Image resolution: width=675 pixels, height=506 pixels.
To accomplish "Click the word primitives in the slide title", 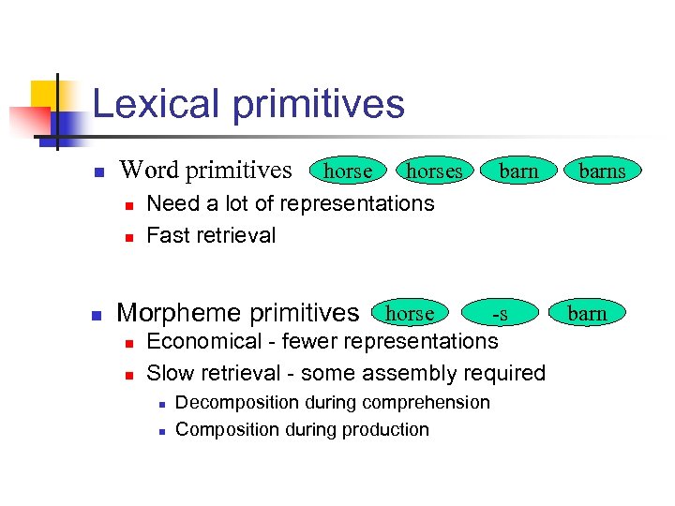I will tap(319, 105).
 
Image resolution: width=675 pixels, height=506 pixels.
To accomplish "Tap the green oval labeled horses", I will tap(434, 171).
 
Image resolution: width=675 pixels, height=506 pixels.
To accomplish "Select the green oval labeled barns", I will tap(601, 171).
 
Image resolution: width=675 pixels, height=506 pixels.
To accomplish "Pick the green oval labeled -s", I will tap(502, 313).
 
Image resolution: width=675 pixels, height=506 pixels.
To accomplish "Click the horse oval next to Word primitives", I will tap(348, 171).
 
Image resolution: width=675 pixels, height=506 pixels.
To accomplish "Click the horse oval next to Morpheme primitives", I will tap(410, 313).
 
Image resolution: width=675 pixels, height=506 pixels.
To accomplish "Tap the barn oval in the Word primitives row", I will tap(518, 171).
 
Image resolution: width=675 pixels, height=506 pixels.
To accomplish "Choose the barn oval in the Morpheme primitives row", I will tap(587, 313).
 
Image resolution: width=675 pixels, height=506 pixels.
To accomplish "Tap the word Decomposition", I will tap(238, 402).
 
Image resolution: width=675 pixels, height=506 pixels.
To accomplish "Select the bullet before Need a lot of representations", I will tap(128, 204).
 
